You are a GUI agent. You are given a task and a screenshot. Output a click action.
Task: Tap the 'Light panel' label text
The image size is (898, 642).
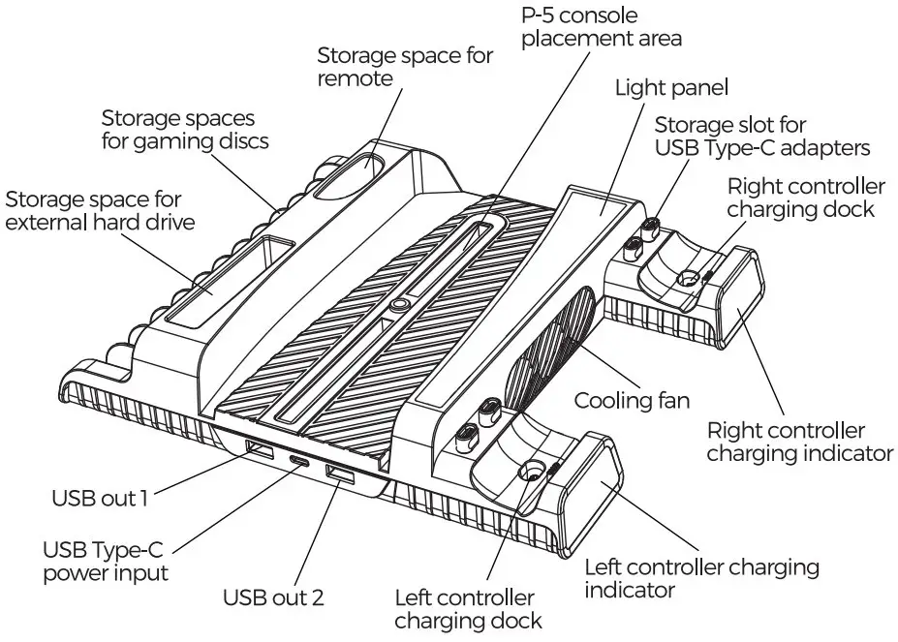671,88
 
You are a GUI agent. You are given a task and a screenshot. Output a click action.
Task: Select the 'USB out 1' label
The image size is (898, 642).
100,500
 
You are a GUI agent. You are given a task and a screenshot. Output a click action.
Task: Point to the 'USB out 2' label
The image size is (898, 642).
273,596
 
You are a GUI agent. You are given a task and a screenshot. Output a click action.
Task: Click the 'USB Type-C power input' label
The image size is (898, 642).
103,562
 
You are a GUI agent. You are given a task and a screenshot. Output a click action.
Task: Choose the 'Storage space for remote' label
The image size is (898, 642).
405,67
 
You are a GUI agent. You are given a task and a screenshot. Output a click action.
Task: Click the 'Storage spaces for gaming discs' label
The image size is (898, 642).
184,129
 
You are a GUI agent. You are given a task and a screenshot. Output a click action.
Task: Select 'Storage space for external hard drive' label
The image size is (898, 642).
93,211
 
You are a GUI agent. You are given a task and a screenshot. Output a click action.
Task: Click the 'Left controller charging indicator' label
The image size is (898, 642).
701,577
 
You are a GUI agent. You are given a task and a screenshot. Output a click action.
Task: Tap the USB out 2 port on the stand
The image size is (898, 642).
341,474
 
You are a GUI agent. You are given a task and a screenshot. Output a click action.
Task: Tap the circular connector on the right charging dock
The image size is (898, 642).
689,279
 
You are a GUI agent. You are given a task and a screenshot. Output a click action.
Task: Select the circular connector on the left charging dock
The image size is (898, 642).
532,473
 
